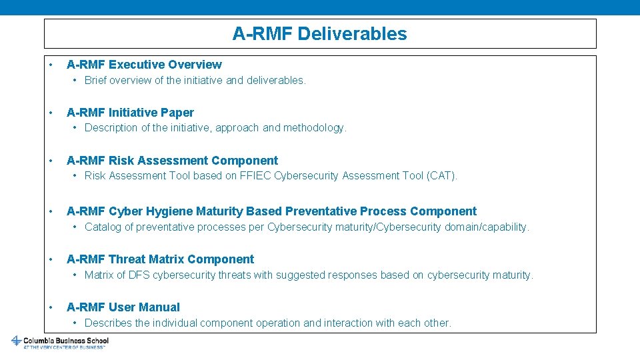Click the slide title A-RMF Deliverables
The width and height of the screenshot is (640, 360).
tap(319, 34)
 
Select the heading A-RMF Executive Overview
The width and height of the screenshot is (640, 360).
tap(144, 65)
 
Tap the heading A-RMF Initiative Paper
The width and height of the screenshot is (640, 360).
tap(130, 113)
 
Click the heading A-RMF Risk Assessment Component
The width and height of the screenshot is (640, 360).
tap(172, 161)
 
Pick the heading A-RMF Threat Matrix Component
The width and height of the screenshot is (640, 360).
tap(160, 259)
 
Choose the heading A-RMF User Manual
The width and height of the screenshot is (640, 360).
tap(123, 307)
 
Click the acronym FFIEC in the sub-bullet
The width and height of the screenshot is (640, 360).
tap(255, 176)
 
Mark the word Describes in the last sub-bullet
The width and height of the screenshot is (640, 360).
tap(108, 323)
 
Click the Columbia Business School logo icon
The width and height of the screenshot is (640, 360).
tap(16, 341)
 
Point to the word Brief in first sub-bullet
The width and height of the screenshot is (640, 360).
tap(95, 81)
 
